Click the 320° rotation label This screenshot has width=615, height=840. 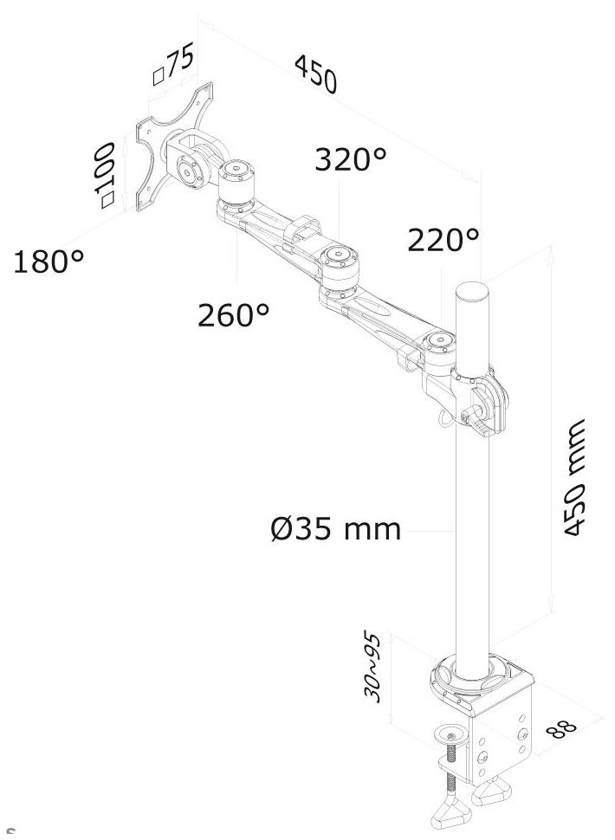tap(349, 160)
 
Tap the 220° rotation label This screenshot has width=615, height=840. tap(443, 240)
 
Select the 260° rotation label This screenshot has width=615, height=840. tap(233, 314)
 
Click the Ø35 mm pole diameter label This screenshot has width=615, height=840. tap(336, 527)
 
